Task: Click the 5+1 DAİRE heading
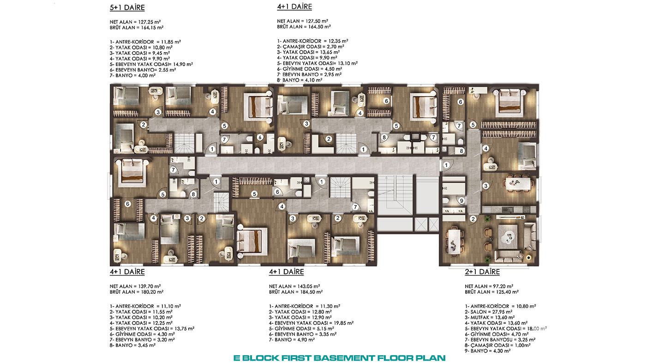(x=127, y=8)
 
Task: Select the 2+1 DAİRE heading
(x=482, y=272)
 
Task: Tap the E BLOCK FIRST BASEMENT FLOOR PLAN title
(x=339, y=358)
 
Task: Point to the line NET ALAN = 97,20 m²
(x=489, y=286)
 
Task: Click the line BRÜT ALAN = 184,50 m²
(x=296, y=292)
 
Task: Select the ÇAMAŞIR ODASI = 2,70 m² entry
(x=310, y=47)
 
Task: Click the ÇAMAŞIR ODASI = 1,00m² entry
(x=497, y=345)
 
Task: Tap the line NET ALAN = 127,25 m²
(x=135, y=22)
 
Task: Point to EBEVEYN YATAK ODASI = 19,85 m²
(x=311, y=323)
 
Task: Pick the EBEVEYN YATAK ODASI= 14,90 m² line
(x=151, y=64)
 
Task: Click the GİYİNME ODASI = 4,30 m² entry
(x=142, y=334)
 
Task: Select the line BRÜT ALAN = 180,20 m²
(x=137, y=292)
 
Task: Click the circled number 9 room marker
(x=461, y=200)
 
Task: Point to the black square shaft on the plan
(x=416, y=137)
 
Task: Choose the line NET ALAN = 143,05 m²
(x=294, y=286)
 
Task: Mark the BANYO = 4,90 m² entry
(x=292, y=340)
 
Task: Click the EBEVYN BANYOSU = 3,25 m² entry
(x=500, y=340)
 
